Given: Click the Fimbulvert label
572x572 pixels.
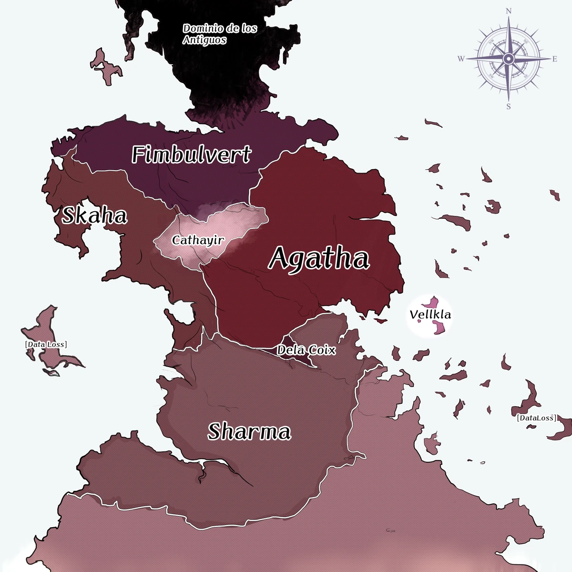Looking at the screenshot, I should tap(191, 155).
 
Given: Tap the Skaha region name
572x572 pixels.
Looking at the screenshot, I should tap(94, 216).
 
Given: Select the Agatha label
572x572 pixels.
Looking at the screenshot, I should tap(319, 259).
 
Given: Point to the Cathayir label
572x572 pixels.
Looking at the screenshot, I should tap(198, 240).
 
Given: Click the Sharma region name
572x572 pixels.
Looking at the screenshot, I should tap(249, 432).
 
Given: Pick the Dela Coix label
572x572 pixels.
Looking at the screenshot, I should tap(306, 350).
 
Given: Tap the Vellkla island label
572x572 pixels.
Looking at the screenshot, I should tap(430, 315).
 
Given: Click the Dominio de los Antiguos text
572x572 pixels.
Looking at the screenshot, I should tap(220, 34).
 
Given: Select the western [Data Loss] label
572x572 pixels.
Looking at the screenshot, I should tap(46, 344).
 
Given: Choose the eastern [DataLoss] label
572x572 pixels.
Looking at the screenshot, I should tap(536, 418).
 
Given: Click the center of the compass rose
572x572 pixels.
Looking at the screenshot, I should tap(508, 59).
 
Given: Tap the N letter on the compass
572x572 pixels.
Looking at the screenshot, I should tap(509, 11).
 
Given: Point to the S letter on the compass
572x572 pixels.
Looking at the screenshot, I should tap(509, 107).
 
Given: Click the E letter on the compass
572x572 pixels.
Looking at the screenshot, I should tap(555, 59).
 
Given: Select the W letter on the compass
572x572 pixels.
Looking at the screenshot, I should tap(461, 59).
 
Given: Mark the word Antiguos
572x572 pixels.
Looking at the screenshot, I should tap(204, 40).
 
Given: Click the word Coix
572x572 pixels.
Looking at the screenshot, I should tap(321, 350).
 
